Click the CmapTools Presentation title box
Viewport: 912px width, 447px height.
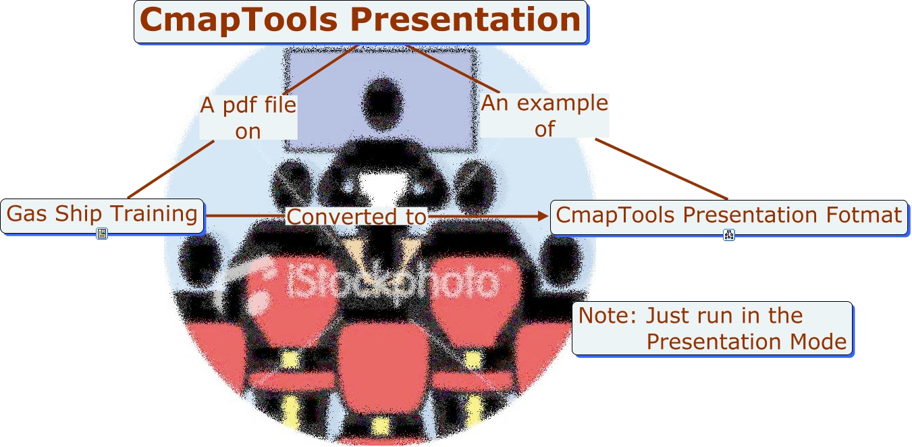click(360, 22)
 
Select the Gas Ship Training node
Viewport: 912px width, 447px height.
click(102, 215)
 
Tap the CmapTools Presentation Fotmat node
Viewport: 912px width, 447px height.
click(728, 216)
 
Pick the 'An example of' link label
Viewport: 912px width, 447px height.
click(544, 116)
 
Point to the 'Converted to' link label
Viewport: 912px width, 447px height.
click(357, 217)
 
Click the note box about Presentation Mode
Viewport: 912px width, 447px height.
click(712, 328)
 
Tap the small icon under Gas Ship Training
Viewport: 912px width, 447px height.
click(102, 234)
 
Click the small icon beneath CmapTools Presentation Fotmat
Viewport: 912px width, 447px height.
click(729, 235)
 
